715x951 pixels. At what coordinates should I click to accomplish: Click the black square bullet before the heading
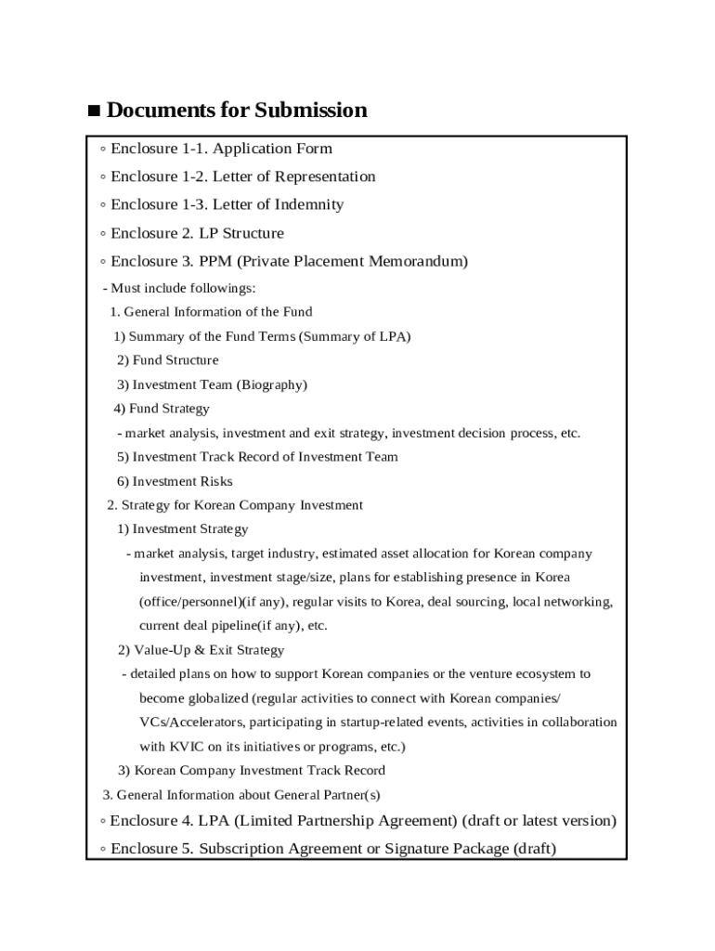pos(94,111)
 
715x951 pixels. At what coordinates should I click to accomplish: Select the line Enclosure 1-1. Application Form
pos(221,149)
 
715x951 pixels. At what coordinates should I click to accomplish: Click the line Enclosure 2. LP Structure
pos(197,233)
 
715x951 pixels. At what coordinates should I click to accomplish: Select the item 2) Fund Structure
pos(168,360)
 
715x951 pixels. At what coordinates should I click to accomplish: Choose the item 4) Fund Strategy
pos(162,409)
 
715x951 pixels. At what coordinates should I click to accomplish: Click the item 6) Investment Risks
pos(175,481)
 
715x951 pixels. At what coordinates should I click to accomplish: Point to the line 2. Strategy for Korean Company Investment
pos(235,505)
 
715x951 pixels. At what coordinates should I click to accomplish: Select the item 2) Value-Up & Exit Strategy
pos(201,650)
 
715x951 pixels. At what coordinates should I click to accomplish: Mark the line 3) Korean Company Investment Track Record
pos(251,770)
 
